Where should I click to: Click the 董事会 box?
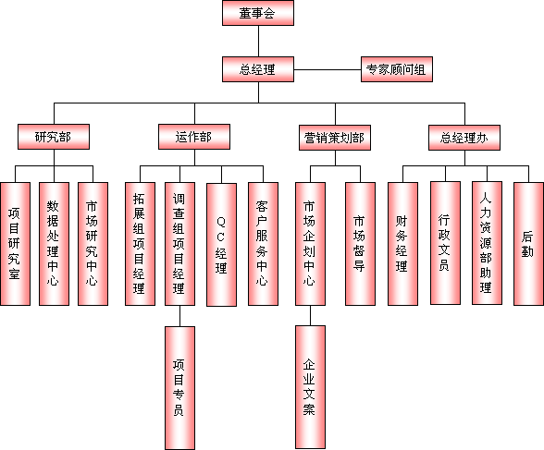coord(258,13)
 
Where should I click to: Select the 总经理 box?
coord(258,69)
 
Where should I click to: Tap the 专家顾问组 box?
coord(397,69)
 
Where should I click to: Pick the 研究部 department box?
coord(54,137)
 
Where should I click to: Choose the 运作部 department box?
coord(194,137)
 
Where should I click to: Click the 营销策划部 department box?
coord(335,138)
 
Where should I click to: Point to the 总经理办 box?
coord(464,138)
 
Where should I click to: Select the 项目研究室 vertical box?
coord(15,244)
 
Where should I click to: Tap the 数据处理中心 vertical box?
coord(54,244)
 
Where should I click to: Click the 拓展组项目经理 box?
coord(140,244)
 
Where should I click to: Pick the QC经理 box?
coord(221,245)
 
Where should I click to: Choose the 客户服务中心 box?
coord(263,244)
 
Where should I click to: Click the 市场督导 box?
coord(360,244)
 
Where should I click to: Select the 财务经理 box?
coord(402,244)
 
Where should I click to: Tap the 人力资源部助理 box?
coord(487,243)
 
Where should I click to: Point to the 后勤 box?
coord(528,244)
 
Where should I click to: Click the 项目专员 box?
coord(179,388)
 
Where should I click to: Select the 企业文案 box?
coord(310,387)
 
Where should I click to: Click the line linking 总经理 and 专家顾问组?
coord(328,69)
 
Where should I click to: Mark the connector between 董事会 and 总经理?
coord(258,42)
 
